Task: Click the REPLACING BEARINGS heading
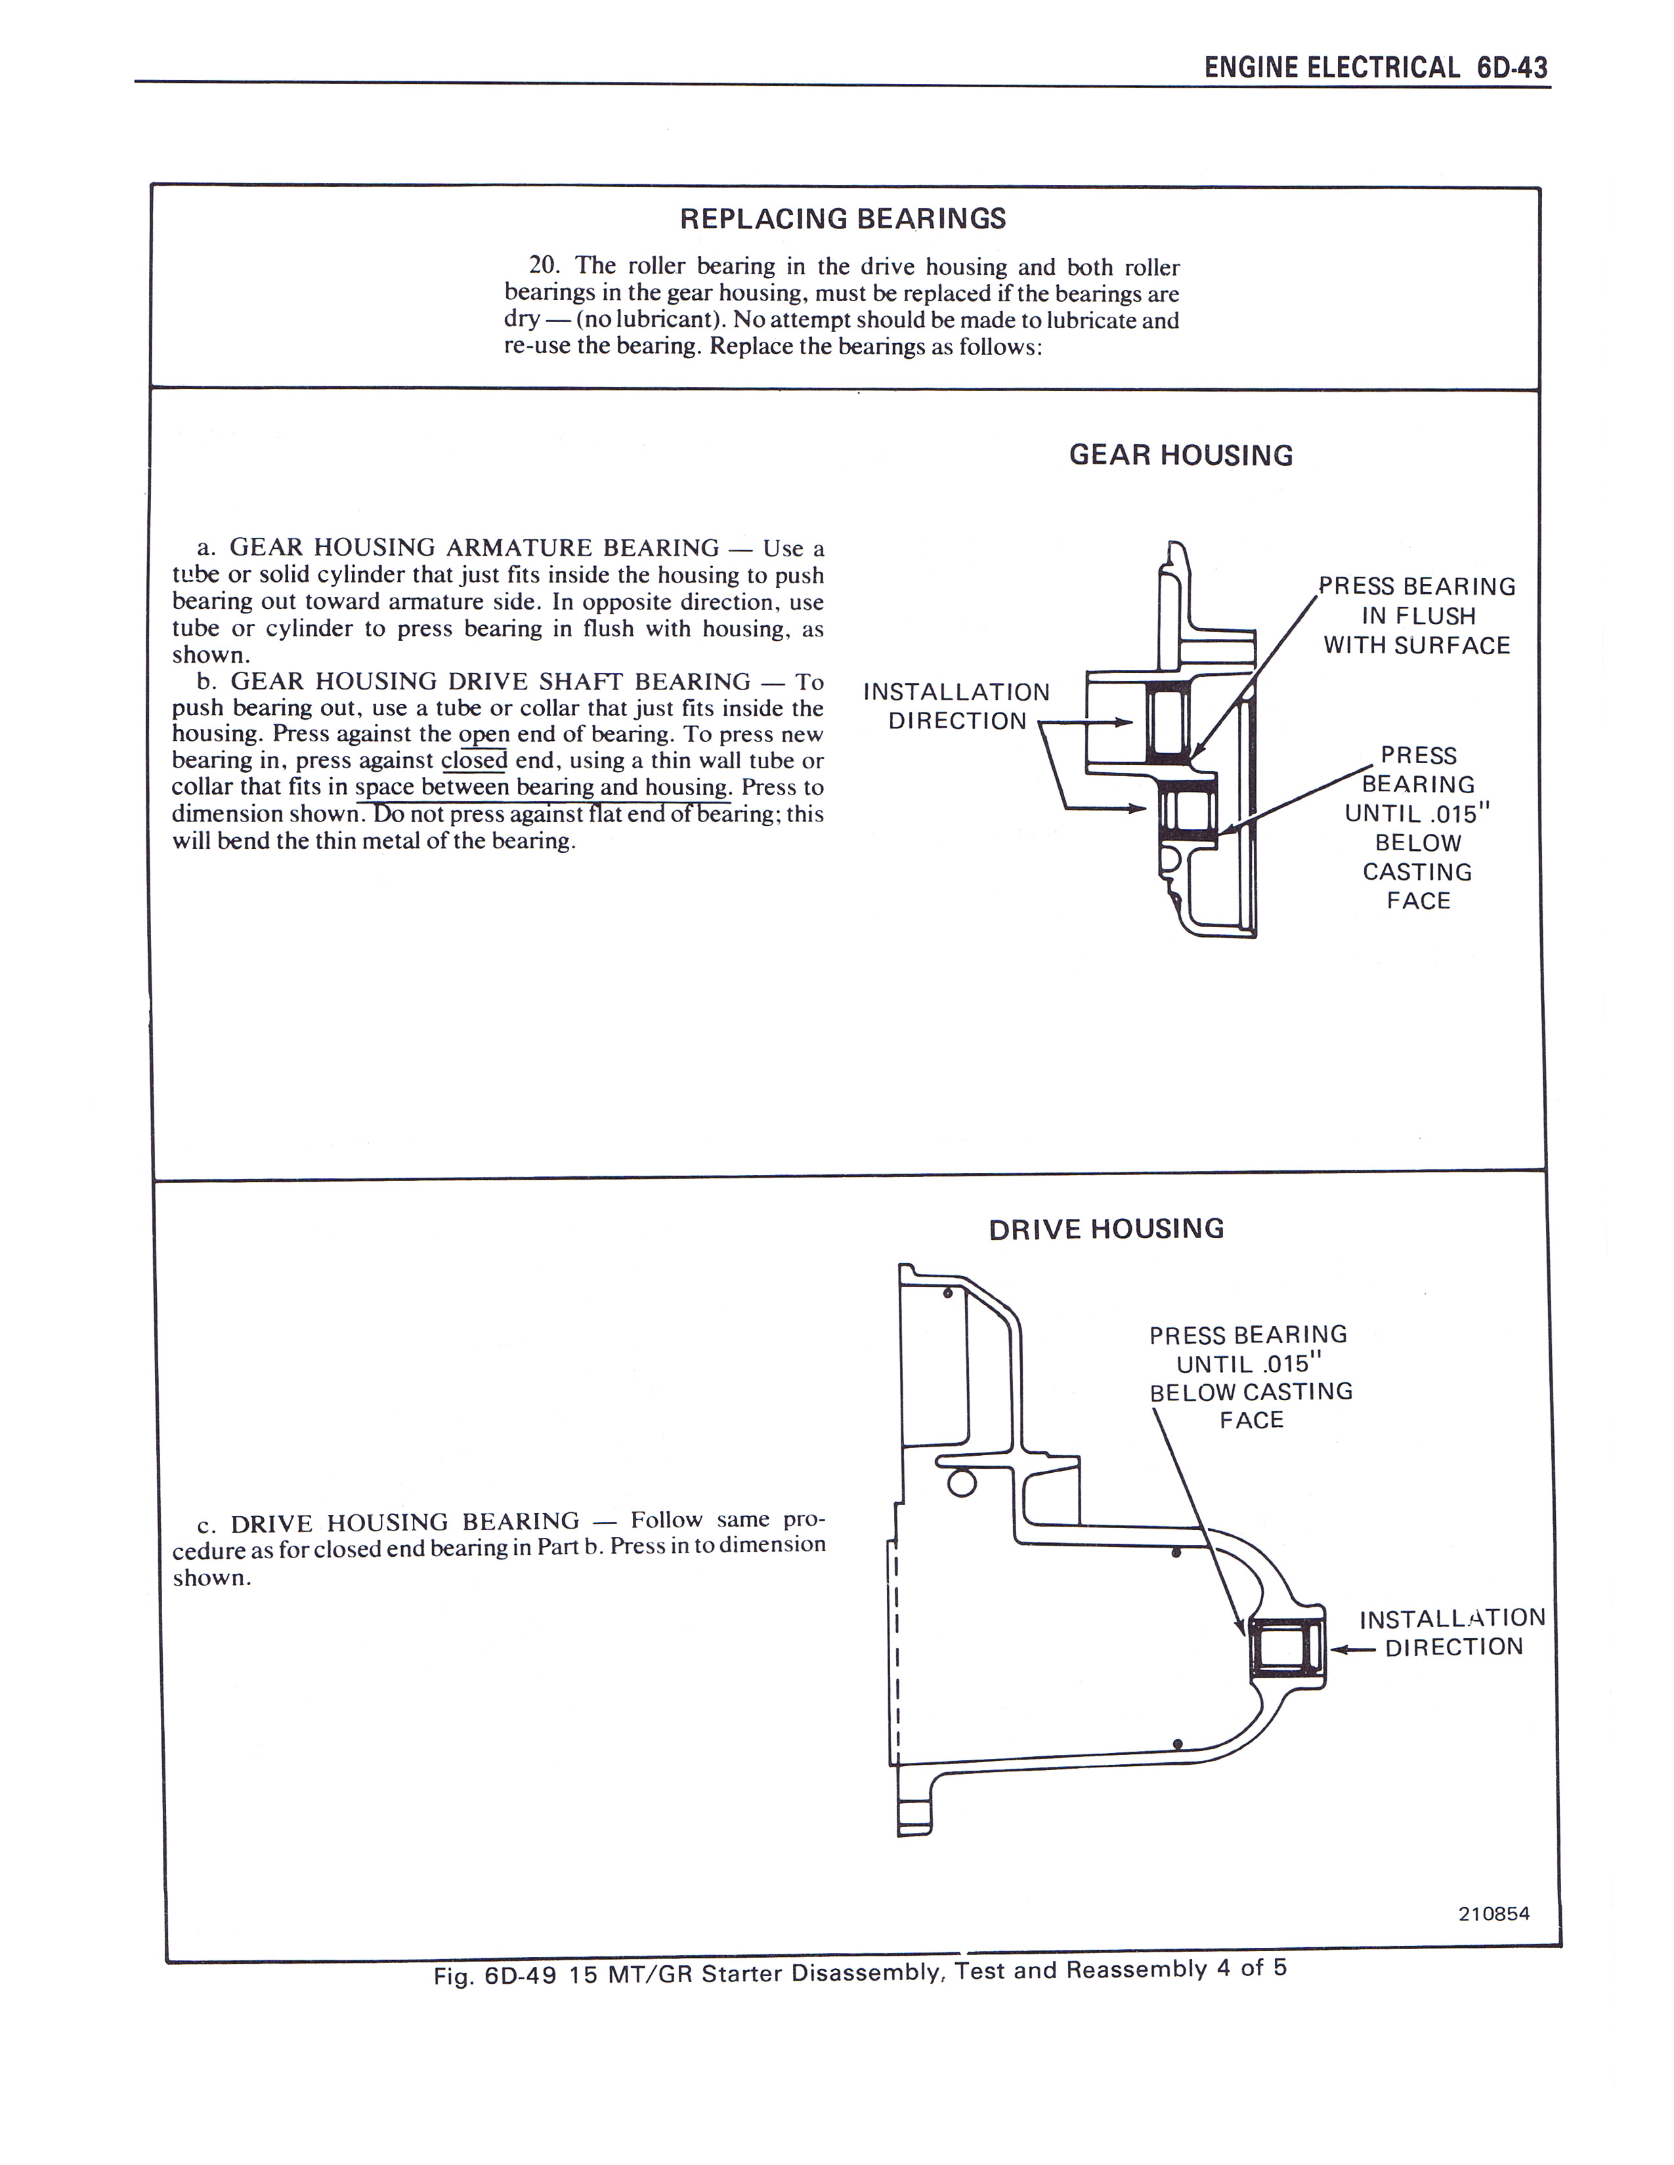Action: pyautogui.click(x=842, y=219)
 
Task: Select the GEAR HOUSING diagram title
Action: pyautogui.click(x=1180, y=456)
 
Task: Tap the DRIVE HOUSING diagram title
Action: pyautogui.click(x=1105, y=1229)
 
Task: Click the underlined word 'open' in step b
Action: pyautogui.click(x=484, y=735)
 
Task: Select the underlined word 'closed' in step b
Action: pyautogui.click(x=474, y=761)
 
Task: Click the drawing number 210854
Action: pyautogui.click(x=1493, y=1914)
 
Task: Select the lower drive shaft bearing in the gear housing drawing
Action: pyautogui.click(x=1187, y=811)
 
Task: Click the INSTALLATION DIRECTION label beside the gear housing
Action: pyautogui.click(x=956, y=706)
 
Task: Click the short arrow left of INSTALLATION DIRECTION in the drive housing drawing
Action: pyautogui.click(x=1352, y=1651)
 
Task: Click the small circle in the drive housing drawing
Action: pyautogui.click(x=962, y=1483)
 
